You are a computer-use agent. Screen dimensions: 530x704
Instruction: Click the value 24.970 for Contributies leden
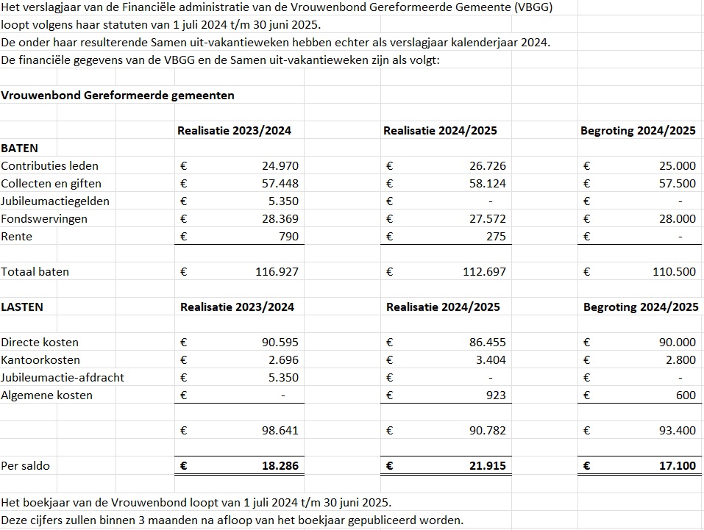[x=280, y=166]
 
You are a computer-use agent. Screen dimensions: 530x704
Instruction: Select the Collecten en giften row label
[x=51, y=184]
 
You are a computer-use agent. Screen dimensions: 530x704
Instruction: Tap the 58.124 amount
[x=488, y=184]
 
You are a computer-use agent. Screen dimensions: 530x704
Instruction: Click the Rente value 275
[x=496, y=237]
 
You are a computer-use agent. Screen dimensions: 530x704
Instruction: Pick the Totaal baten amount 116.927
[x=277, y=272]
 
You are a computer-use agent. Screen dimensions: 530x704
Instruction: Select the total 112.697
[x=485, y=272]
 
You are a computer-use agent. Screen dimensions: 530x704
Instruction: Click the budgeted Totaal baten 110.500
[x=674, y=272]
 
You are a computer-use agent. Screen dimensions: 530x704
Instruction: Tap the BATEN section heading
[x=20, y=148]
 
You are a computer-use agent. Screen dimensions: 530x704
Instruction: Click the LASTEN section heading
[x=22, y=307]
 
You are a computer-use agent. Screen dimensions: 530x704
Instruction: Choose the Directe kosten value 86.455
[x=488, y=343]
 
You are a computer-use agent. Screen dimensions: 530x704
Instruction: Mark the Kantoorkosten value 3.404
[x=491, y=360]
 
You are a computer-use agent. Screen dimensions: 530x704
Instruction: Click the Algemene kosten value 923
[x=496, y=395]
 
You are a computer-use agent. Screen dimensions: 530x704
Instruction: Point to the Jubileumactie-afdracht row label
[x=63, y=378]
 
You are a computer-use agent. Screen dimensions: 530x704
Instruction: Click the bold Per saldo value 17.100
[x=676, y=466]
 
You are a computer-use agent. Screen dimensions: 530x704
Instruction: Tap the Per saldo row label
[x=26, y=466]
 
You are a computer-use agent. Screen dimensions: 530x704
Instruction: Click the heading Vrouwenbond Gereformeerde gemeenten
[x=118, y=96]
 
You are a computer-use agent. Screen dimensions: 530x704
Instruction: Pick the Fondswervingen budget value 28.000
[x=677, y=219]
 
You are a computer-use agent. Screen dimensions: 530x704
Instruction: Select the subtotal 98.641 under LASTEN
[x=280, y=431]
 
